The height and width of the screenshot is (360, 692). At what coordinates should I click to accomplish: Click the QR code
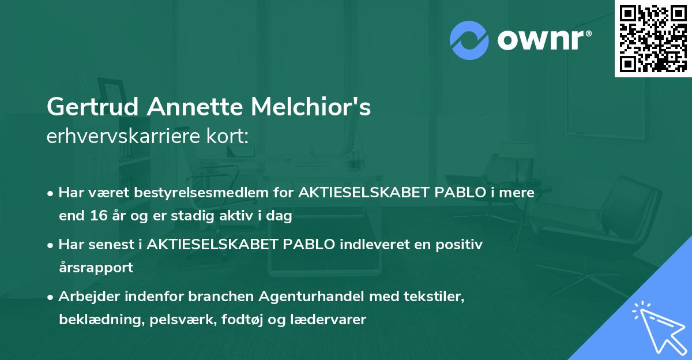[x=653, y=39]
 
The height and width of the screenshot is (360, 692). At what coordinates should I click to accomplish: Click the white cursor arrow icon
[x=657, y=328]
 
